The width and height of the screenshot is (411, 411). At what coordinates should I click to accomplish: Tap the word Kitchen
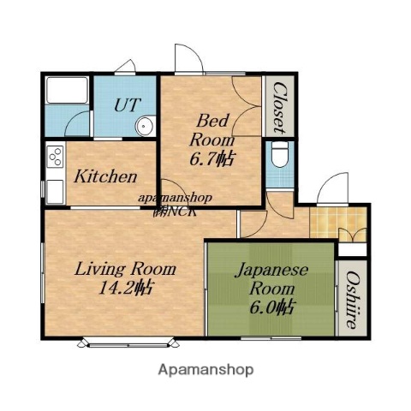105,177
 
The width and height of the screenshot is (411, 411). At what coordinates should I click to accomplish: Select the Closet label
279,107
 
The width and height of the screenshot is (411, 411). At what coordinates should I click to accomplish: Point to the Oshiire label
352,301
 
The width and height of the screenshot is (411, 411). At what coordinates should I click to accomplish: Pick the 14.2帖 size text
125,289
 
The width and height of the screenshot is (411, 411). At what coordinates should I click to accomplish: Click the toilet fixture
278,158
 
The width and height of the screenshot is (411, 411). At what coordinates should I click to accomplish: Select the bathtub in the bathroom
66,104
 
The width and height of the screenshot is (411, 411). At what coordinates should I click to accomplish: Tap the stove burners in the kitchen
55,158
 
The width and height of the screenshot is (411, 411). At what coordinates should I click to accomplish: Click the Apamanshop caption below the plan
205,371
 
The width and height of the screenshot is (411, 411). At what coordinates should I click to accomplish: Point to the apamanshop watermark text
175,198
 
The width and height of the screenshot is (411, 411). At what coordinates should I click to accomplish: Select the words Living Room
126,269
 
